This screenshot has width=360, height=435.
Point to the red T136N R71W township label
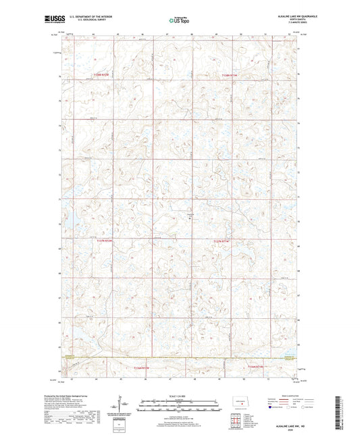point(251,367)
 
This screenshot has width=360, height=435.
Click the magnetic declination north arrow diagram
point(117,407)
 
